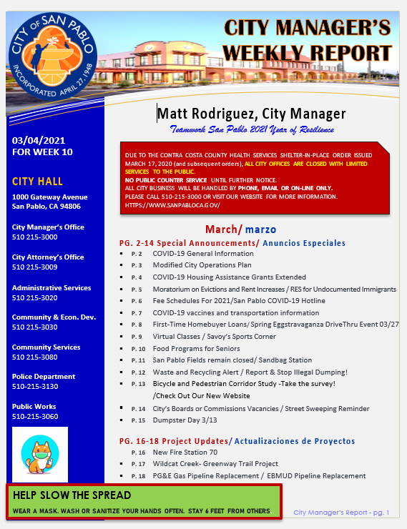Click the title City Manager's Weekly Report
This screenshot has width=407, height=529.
pyautogui.click(x=307, y=41)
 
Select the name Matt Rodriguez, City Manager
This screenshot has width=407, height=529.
pyautogui.click(x=252, y=114)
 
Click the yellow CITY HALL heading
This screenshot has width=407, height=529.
pyautogui.click(x=37, y=181)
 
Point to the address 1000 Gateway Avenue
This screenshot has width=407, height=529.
pyautogui.click(x=50, y=197)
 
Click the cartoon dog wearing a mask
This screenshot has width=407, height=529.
pyautogui.click(x=39, y=455)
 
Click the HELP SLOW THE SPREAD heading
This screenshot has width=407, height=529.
pyautogui.click(x=72, y=495)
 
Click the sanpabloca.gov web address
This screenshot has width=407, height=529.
pyautogui.click(x=172, y=205)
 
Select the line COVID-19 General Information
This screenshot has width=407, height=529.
pyautogui.click(x=203, y=254)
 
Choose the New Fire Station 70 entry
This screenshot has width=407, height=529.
pyautogui.click(x=185, y=453)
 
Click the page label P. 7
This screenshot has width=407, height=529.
pyautogui.click(x=137, y=313)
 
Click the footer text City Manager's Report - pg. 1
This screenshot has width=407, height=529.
pyautogui.click(x=341, y=512)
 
